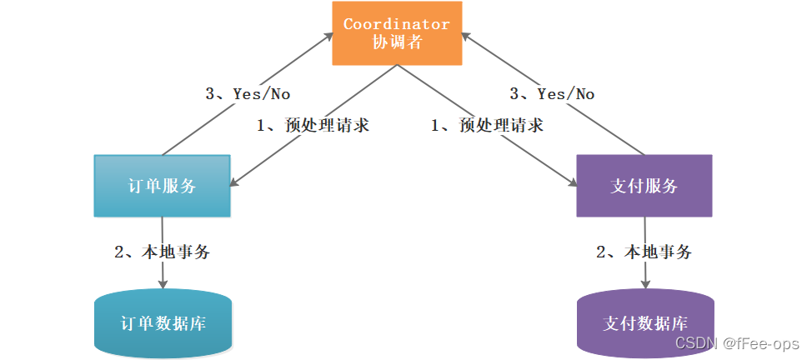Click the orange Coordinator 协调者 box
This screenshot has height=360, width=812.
396,33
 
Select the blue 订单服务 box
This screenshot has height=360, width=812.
162,186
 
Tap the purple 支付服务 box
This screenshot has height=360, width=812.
644,186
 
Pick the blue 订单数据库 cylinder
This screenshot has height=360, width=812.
163,323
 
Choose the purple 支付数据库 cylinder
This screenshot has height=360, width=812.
644,323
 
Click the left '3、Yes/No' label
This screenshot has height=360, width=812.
248,94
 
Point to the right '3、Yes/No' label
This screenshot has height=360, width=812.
554,94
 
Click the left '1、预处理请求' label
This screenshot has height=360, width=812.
312,126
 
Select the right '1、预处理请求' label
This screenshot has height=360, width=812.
487,126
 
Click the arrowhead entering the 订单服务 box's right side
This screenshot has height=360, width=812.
236,182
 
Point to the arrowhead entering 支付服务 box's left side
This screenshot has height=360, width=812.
571,182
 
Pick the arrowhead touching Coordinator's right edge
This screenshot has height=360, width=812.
465,35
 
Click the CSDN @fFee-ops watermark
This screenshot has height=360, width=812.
736,343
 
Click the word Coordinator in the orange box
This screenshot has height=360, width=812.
396,24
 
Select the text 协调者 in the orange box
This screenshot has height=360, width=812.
396,43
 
